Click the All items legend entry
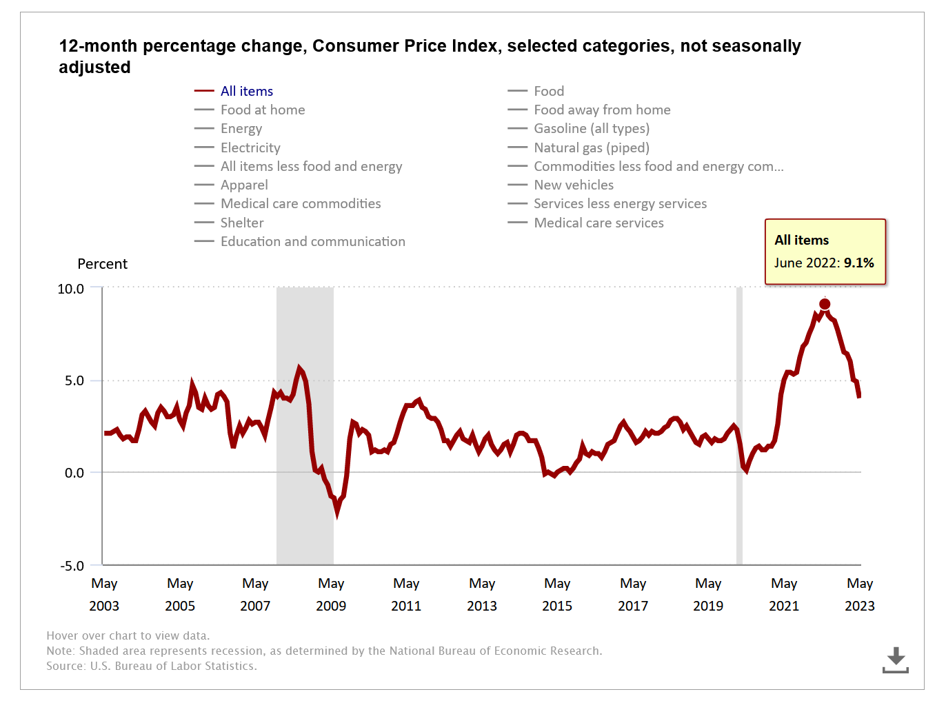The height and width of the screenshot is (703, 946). pyautogui.click(x=246, y=91)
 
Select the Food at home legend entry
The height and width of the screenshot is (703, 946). pyautogui.click(x=262, y=110)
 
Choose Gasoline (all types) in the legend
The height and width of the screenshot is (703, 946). pyautogui.click(x=591, y=128)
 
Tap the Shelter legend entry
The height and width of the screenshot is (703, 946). pyautogui.click(x=241, y=223)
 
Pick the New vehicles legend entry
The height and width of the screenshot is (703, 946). pyautogui.click(x=573, y=185)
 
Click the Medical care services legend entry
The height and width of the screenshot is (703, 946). pyautogui.click(x=598, y=223)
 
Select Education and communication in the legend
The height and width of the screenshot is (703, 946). pyautogui.click(x=312, y=241)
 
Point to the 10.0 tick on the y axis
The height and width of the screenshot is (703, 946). pyautogui.click(x=70, y=289)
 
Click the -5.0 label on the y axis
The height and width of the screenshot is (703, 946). pyautogui.click(x=71, y=566)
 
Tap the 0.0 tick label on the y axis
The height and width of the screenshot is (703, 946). pyautogui.click(x=74, y=473)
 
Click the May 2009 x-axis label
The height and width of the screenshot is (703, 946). pyautogui.click(x=331, y=594)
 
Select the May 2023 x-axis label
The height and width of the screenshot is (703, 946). pyautogui.click(x=859, y=594)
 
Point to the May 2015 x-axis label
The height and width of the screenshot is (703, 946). pyautogui.click(x=557, y=594)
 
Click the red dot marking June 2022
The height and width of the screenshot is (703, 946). pyautogui.click(x=825, y=304)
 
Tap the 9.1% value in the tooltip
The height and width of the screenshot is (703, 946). pyautogui.click(x=858, y=263)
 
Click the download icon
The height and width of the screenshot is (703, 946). pyautogui.click(x=896, y=660)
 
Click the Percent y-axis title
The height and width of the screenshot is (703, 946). pyautogui.click(x=102, y=264)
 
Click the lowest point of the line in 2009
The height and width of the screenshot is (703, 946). pyautogui.click(x=337, y=513)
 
